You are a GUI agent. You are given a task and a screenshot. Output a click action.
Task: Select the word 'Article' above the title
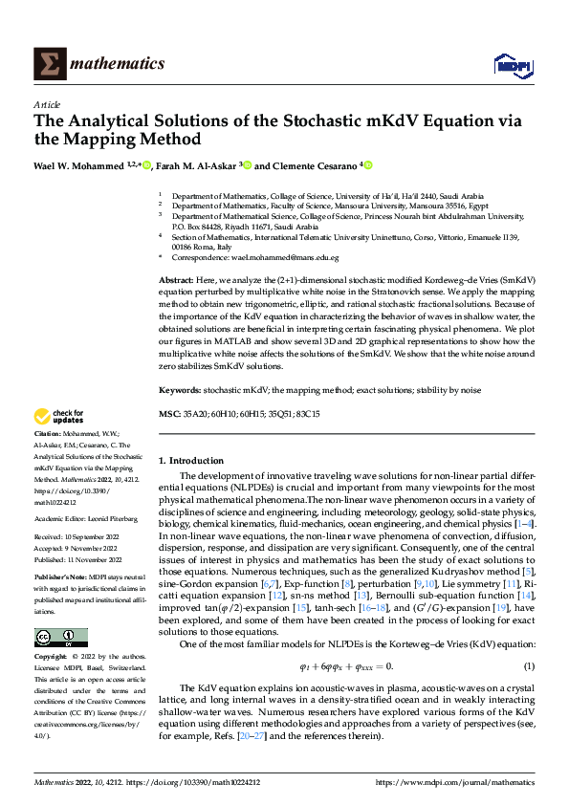pos(47,104)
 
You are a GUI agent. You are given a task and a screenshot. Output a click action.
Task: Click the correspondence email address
pos(292,258)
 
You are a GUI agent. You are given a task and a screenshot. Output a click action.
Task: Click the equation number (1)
pos(528,639)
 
